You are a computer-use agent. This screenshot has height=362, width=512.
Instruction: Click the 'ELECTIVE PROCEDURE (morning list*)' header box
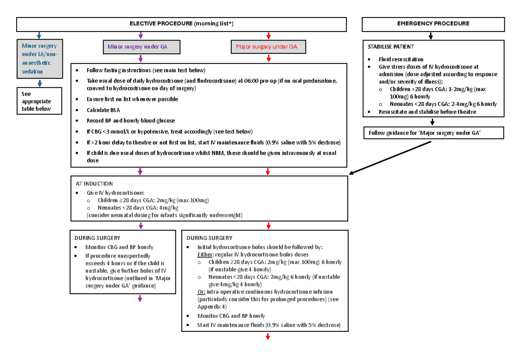(181, 24)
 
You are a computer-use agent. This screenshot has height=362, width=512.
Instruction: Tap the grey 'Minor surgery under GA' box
(140, 46)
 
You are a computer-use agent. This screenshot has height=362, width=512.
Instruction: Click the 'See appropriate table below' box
(39, 101)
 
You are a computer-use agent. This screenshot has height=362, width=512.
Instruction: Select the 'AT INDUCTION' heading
(94, 184)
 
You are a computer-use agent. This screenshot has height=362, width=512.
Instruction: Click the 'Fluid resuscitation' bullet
(401, 59)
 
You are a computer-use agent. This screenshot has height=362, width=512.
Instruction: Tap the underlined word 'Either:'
(204, 255)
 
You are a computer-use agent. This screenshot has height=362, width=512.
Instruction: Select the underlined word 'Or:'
(201, 292)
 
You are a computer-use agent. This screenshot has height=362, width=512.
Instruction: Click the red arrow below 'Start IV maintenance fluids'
(268, 337)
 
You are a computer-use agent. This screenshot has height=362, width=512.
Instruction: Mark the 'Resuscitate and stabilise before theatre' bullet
(427, 112)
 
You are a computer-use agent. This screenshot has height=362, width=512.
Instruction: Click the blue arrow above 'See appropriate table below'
(39, 83)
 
